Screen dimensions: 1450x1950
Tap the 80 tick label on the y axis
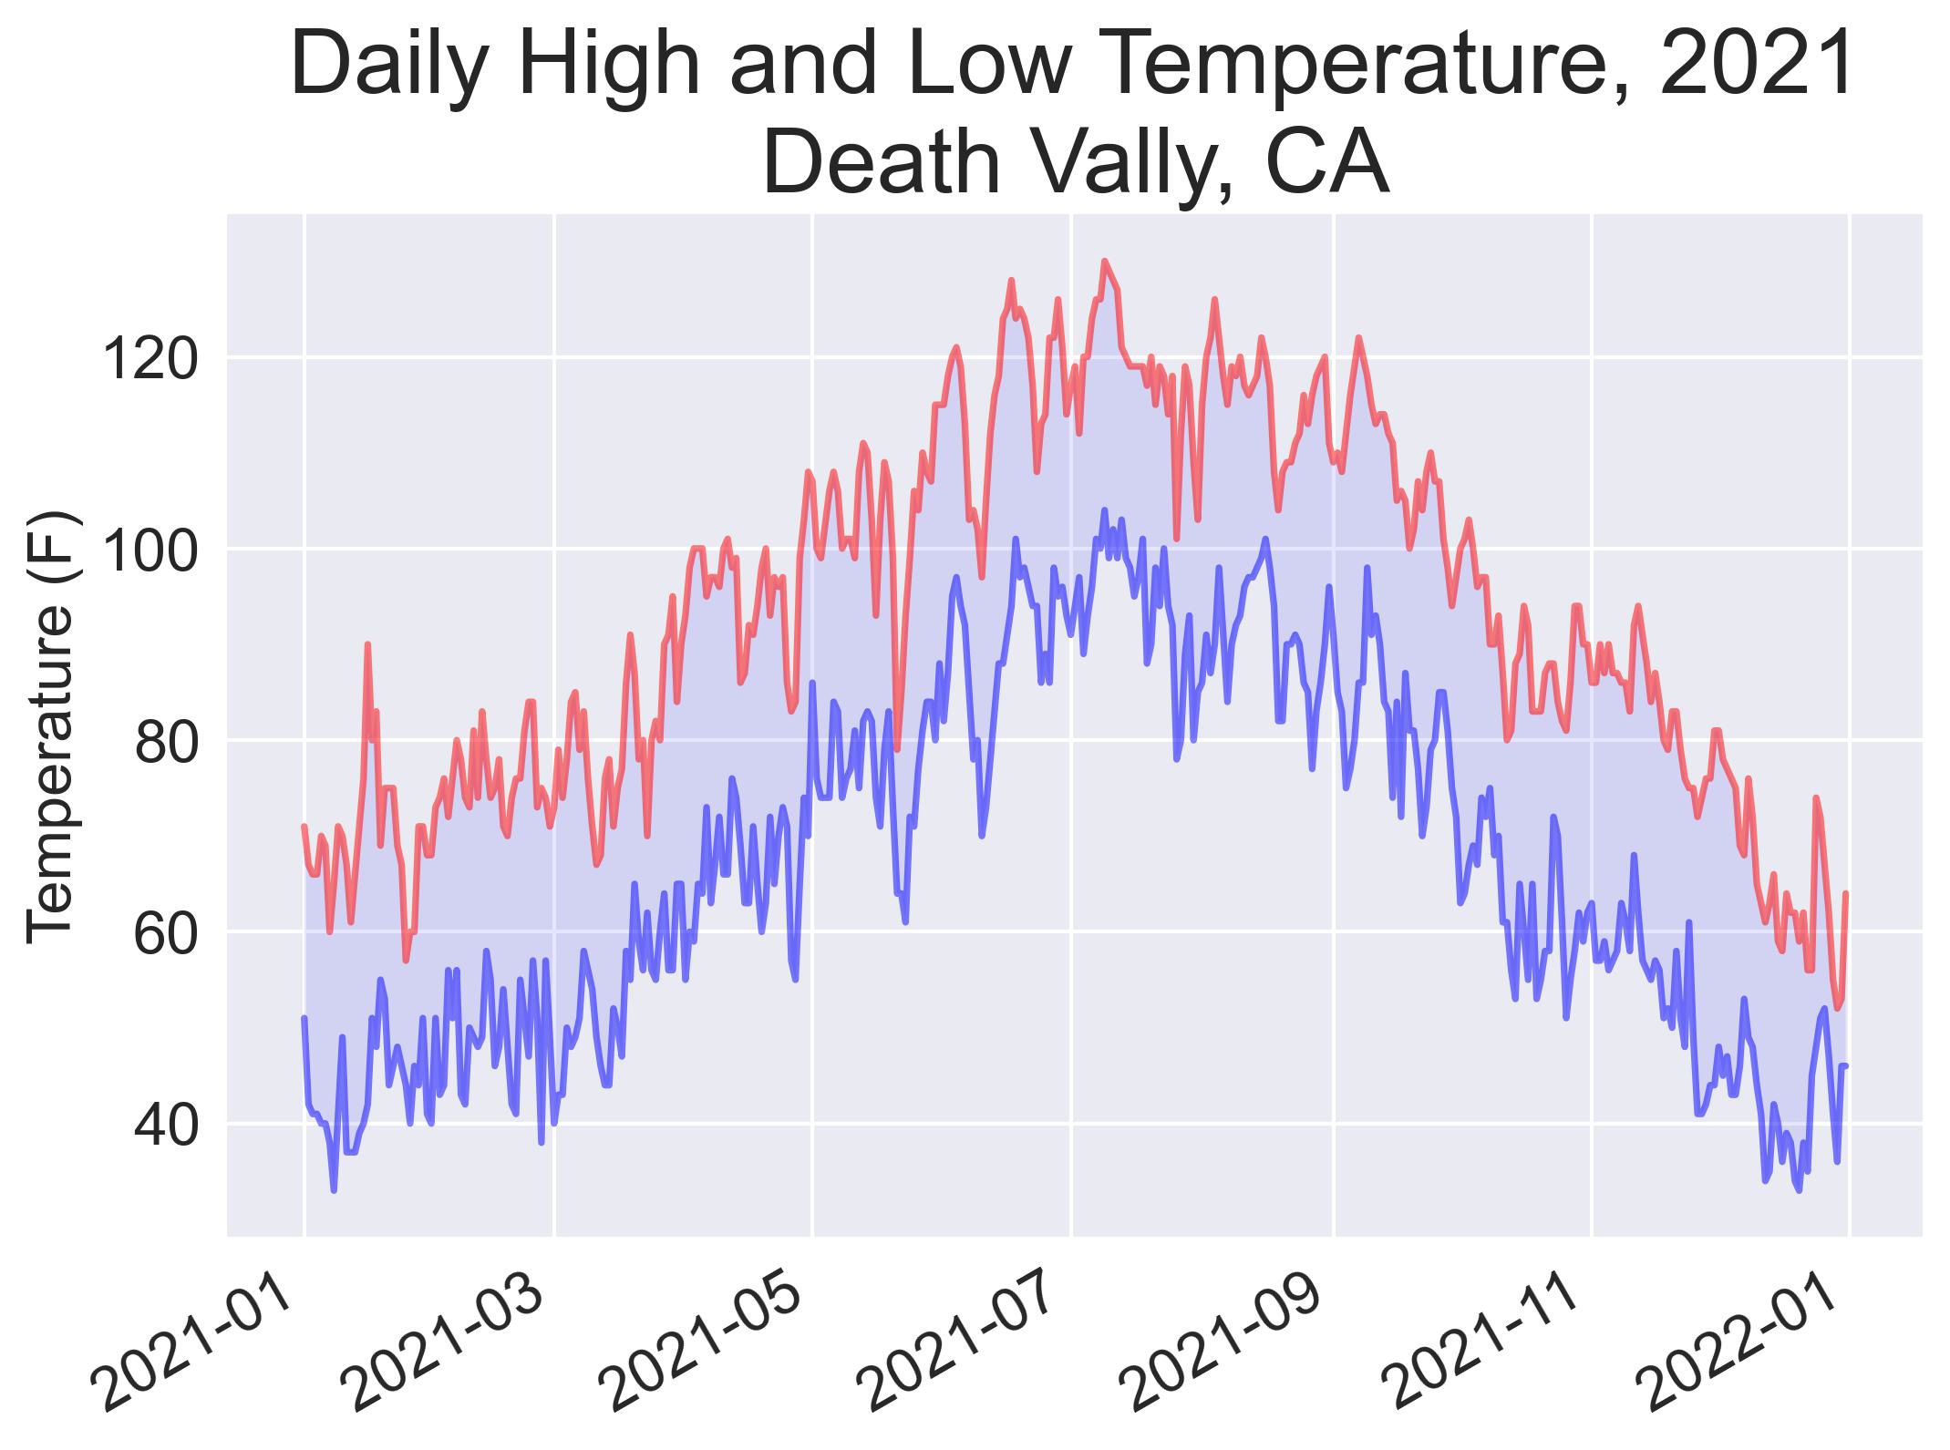point(165,742)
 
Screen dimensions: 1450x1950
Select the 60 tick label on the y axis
point(165,933)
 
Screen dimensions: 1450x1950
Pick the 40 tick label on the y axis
point(165,1125)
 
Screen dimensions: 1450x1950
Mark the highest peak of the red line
point(1104,261)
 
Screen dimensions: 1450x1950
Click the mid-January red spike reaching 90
point(367,644)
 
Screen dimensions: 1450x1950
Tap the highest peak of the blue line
point(1104,509)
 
